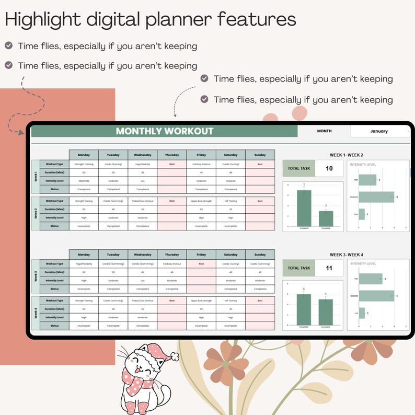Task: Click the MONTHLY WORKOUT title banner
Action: click(164, 131)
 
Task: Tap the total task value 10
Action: click(329, 168)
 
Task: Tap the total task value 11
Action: click(329, 268)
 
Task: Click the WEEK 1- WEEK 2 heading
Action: click(346, 155)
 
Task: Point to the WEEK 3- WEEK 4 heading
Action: click(346, 255)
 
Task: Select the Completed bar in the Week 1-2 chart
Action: click(304, 208)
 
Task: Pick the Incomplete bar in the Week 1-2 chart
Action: click(325, 218)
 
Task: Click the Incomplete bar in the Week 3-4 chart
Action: click(325, 312)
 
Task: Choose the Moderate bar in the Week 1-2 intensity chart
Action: click(376, 197)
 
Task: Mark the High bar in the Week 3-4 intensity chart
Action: click(370, 279)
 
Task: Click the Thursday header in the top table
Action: click(172, 155)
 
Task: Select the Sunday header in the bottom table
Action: click(260, 255)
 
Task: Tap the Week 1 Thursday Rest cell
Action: click(172, 164)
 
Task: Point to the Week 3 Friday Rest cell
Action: click(201, 263)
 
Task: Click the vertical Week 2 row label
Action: click(36, 213)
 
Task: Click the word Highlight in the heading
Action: click(40, 20)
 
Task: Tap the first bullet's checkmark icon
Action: click(9, 45)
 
